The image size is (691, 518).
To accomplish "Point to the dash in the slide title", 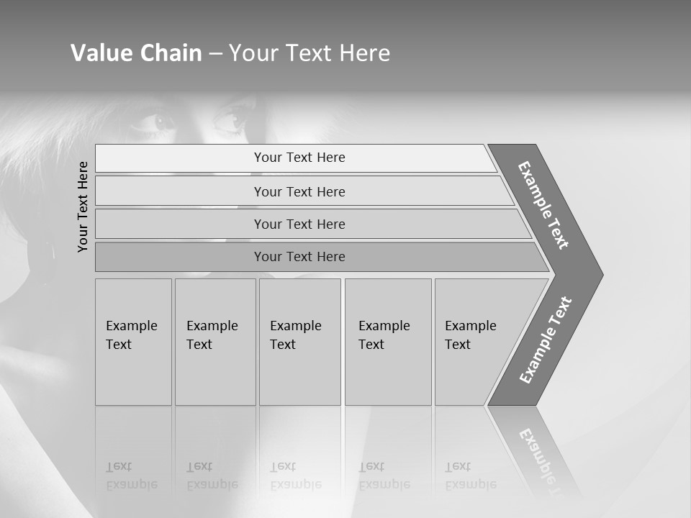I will (x=215, y=54).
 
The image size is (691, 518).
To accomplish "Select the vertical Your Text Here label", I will (x=83, y=206).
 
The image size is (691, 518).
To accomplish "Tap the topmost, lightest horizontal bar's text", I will (x=299, y=158).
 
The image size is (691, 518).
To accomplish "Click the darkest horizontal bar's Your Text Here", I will (x=299, y=257).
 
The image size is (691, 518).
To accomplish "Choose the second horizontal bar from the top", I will (x=299, y=191).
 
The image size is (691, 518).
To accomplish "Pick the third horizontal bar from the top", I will (x=299, y=224).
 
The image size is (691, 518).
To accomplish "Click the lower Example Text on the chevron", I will (x=546, y=340).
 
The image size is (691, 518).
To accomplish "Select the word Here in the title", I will (x=364, y=53).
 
